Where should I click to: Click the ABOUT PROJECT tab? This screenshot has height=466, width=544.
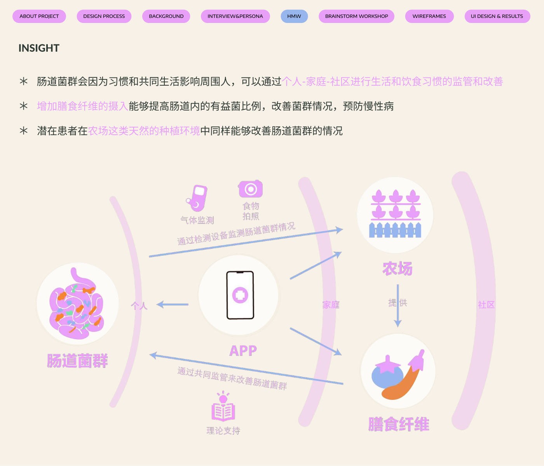(39, 16)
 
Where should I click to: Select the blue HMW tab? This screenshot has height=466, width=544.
(294, 16)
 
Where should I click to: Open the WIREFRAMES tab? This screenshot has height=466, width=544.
(429, 16)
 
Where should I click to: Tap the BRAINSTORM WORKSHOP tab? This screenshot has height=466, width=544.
(356, 16)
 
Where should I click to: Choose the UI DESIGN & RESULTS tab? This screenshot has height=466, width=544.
(497, 16)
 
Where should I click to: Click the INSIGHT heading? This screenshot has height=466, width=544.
(39, 48)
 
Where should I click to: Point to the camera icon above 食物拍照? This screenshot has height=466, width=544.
(251, 188)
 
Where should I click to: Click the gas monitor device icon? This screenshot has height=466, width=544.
(197, 198)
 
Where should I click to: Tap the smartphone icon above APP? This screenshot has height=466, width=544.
(240, 295)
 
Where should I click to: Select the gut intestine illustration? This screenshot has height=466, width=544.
(76, 304)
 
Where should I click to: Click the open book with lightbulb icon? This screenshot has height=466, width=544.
(223, 406)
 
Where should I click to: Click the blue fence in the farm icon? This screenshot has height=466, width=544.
(395, 230)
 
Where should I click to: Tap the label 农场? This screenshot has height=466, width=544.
(398, 269)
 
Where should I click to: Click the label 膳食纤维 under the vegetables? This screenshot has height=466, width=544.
(399, 424)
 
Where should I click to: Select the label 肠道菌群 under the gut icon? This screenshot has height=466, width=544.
(77, 360)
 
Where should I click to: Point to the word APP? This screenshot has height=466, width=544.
(243, 351)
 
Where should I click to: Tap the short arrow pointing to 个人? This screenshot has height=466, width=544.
(173, 304)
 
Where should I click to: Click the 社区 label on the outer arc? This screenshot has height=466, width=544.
(486, 305)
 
